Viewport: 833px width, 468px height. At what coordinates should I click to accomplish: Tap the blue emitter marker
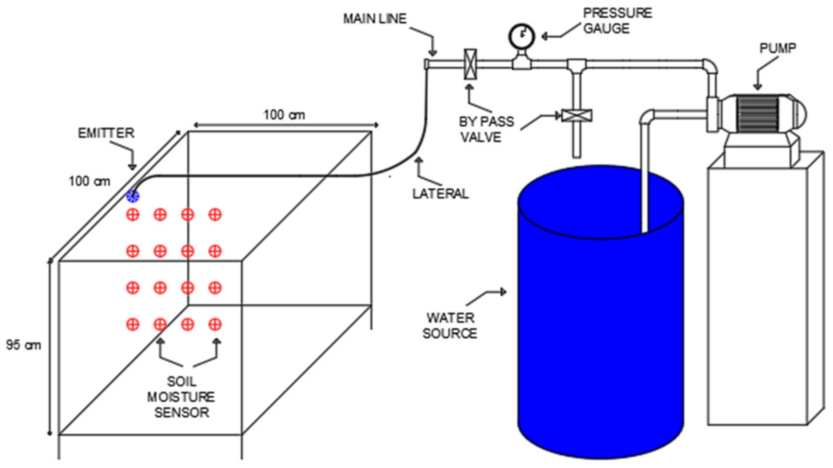[133, 196]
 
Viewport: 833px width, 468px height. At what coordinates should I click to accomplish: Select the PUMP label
[777, 48]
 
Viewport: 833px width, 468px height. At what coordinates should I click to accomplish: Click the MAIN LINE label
[375, 19]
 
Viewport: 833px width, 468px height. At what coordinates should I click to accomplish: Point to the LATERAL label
[440, 194]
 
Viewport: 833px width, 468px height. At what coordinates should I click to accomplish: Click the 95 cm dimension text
[23, 345]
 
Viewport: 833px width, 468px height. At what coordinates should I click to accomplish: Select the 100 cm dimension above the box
[284, 115]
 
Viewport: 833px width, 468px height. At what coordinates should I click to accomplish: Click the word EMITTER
[106, 133]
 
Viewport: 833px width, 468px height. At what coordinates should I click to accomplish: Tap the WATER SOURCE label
[450, 326]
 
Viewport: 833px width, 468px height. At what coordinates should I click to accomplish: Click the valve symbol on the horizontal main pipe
[470, 64]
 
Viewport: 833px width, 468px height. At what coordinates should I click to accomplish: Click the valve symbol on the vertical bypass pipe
[577, 116]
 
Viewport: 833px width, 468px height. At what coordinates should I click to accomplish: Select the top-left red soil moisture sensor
[133, 215]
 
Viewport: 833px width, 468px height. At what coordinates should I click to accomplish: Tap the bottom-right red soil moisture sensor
[215, 324]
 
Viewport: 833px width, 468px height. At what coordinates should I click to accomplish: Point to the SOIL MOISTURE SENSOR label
[181, 397]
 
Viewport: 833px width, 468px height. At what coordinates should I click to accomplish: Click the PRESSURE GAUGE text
[617, 21]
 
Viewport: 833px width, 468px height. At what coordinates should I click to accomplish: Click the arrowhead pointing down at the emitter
[132, 167]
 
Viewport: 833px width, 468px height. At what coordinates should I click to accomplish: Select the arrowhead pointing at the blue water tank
[503, 292]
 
